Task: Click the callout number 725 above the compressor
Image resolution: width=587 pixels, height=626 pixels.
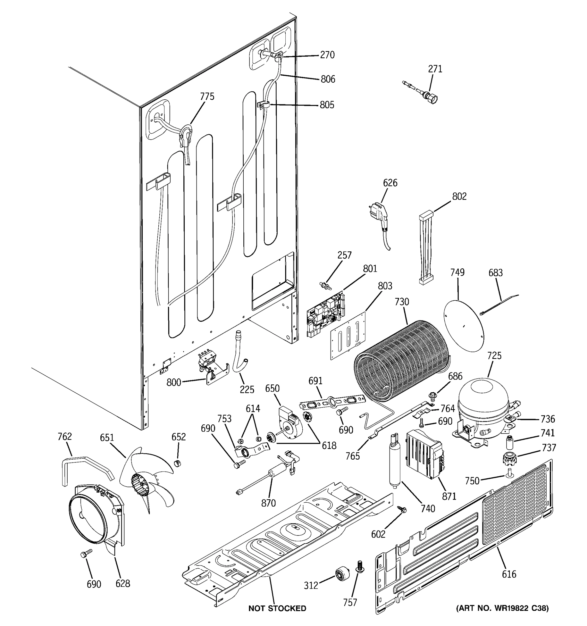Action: [494, 356]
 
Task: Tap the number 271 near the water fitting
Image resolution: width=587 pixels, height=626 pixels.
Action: [435, 69]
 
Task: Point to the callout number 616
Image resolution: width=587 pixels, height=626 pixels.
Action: [509, 574]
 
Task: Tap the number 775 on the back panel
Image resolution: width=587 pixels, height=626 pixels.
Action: [207, 96]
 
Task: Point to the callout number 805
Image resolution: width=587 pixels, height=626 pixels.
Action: [327, 105]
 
